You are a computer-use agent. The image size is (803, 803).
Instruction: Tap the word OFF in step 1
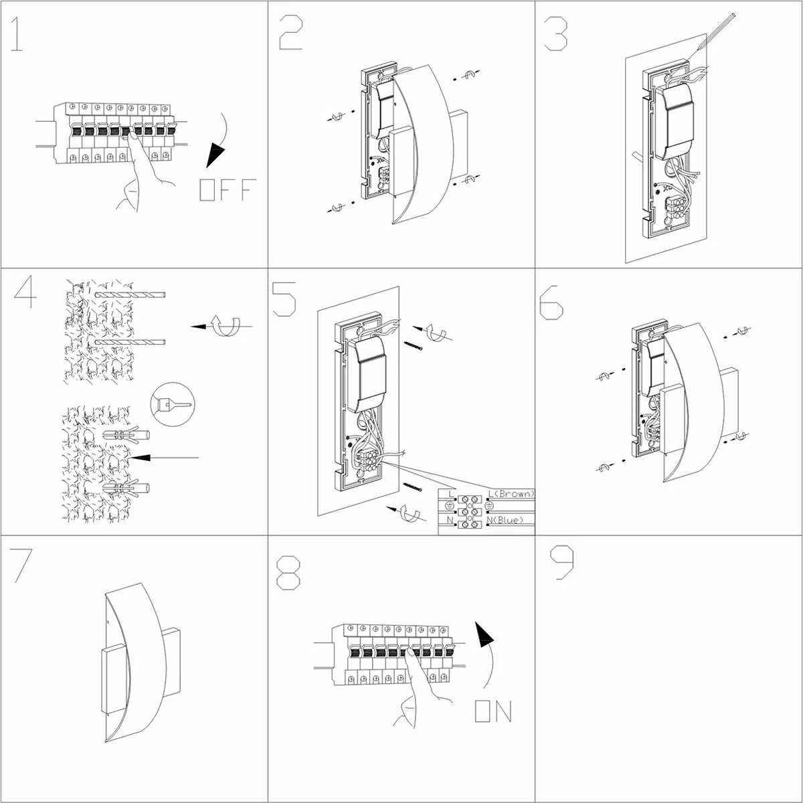(x=227, y=190)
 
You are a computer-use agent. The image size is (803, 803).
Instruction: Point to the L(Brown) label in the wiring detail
(x=512, y=494)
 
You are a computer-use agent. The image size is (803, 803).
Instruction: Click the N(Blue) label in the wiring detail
(x=510, y=520)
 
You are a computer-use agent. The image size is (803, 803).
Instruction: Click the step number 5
(x=285, y=298)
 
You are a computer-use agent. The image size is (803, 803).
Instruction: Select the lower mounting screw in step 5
(x=413, y=486)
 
